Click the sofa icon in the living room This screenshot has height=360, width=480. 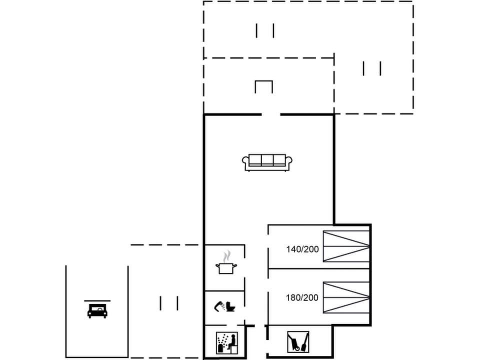tap(267, 162)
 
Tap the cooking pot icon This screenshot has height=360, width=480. tap(225, 268)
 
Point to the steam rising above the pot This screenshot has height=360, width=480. tap(227, 256)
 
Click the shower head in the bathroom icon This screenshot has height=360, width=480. tap(218, 305)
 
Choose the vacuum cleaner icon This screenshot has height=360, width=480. tap(298, 342)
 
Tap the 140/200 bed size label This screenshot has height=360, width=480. tap(302, 249)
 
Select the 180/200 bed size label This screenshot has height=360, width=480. tap(302, 297)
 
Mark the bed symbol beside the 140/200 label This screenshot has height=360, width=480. tap(346, 246)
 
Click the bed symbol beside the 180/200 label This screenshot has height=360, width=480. tap(346, 297)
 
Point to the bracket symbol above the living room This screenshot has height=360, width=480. tap(263, 86)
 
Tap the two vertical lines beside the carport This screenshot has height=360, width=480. tap(169, 303)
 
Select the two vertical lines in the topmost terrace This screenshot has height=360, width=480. tap(265, 30)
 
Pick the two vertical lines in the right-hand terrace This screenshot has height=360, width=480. tap(372, 68)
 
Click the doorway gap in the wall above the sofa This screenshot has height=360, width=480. tap(270, 115)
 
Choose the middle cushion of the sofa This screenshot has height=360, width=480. tap(267, 160)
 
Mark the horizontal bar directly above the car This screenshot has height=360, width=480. tap(97, 301)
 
